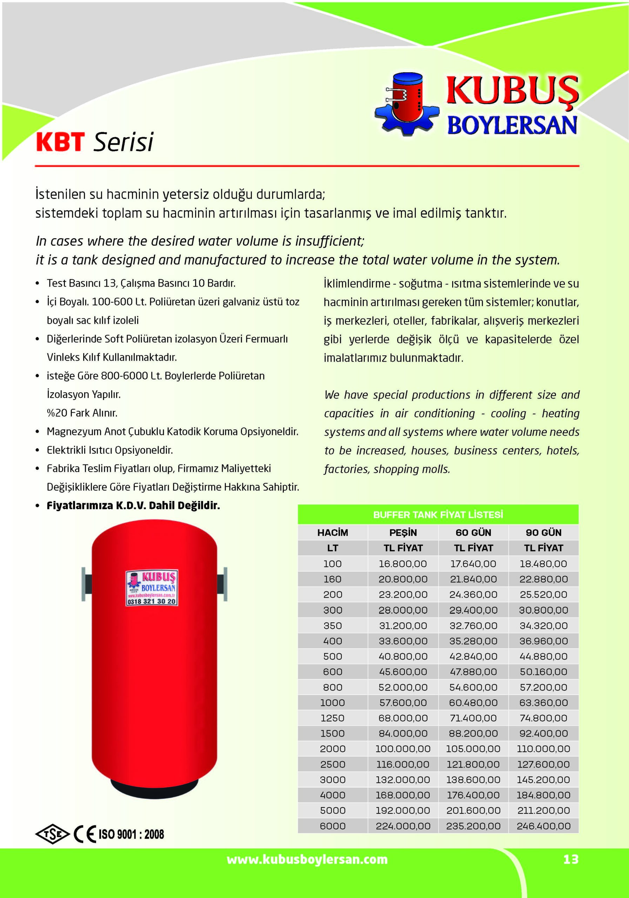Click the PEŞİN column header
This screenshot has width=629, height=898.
click(x=403, y=532)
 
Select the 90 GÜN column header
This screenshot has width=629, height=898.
click(x=543, y=532)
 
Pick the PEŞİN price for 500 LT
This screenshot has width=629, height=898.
click(x=403, y=656)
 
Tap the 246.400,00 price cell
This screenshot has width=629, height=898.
click(x=543, y=826)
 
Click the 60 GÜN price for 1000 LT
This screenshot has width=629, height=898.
click(x=473, y=703)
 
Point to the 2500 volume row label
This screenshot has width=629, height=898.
click(x=333, y=764)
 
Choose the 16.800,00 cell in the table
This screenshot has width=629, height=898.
click(x=403, y=564)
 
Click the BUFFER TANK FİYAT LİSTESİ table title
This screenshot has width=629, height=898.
click(x=438, y=515)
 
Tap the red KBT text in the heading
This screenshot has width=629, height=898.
click(x=60, y=142)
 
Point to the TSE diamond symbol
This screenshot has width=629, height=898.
click(x=52, y=834)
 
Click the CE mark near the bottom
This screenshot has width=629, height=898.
click(x=85, y=834)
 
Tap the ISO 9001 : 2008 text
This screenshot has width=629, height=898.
click(x=131, y=834)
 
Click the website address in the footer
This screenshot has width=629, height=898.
click(x=307, y=859)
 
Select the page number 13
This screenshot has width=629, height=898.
click(x=571, y=859)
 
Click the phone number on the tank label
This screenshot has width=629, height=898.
click(x=152, y=601)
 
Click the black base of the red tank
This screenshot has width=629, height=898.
click(x=154, y=786)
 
